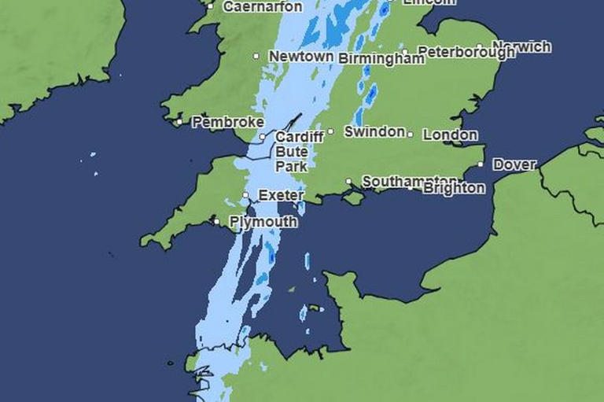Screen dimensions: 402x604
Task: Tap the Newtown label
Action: tap(301, 57)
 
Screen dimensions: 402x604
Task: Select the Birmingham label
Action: tap(381, 59)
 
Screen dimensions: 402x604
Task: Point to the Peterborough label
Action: tap(466, 52)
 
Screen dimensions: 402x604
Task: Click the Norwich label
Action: tap(521, 47)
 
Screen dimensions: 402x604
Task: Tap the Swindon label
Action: tap(374, 132)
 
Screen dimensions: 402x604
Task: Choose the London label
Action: tap(450, 135)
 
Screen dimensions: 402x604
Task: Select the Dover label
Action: tap(514, 165)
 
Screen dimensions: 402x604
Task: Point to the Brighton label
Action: tap(454, 189)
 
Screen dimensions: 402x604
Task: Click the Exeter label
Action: tap(281, 194)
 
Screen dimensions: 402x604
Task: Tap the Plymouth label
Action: tap(263, 223)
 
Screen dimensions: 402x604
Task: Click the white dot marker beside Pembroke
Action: tap(179, 122)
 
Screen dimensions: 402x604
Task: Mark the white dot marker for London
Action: tap(411, 135)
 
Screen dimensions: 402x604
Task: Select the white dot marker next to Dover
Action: tap(481, 165)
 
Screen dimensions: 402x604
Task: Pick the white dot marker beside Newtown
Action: tap(256, 57)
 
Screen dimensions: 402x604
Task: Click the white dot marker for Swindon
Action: tap(330, 131)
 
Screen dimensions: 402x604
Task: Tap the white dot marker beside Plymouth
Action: tap(217, 222)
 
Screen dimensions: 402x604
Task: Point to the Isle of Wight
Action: tap(355, 197)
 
